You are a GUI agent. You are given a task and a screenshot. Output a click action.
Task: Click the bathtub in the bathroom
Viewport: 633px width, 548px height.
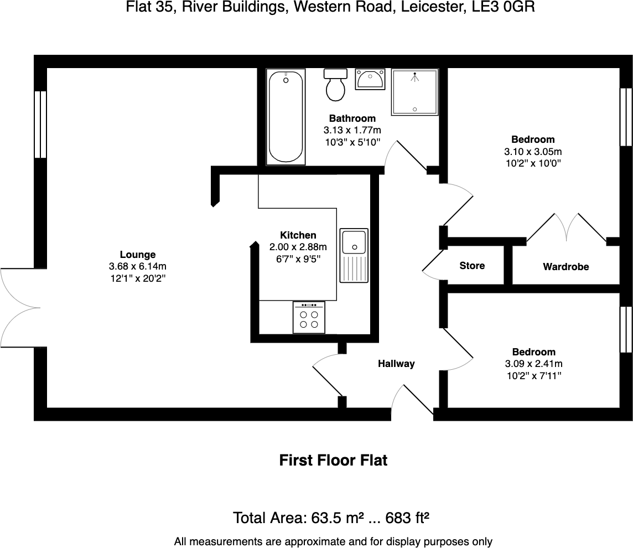click(286, 117)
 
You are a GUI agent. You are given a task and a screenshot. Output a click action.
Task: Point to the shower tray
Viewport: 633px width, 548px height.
click(414, 92)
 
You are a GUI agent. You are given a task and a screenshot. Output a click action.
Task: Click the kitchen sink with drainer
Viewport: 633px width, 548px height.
click(354, 255)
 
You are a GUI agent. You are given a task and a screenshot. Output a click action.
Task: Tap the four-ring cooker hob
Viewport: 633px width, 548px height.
click(309, 318)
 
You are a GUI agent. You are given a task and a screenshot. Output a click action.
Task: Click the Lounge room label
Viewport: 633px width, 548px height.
click(138, 255)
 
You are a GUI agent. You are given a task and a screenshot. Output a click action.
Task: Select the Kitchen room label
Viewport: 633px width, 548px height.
click(298, 235)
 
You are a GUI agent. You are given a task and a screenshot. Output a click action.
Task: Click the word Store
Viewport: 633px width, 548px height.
click(472, 266)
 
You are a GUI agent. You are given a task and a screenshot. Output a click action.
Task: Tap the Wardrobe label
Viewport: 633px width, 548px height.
click(565, 267)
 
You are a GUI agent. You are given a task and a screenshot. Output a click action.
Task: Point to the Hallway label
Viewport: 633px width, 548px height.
click(396, 364)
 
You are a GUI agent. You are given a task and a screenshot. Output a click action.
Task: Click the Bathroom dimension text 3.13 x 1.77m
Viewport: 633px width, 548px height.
click(352, 130)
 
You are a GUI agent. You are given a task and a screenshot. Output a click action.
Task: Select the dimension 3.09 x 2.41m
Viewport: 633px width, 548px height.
click(533, 364)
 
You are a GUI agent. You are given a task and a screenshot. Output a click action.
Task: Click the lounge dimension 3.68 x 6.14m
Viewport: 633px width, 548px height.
click(138, 267)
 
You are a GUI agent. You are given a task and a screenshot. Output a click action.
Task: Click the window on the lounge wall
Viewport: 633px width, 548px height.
click(40, 125)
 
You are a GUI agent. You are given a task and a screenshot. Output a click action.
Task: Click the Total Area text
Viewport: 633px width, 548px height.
click(331, 518)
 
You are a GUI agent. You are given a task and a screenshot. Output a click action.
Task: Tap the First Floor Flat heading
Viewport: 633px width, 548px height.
click(333, 460)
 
